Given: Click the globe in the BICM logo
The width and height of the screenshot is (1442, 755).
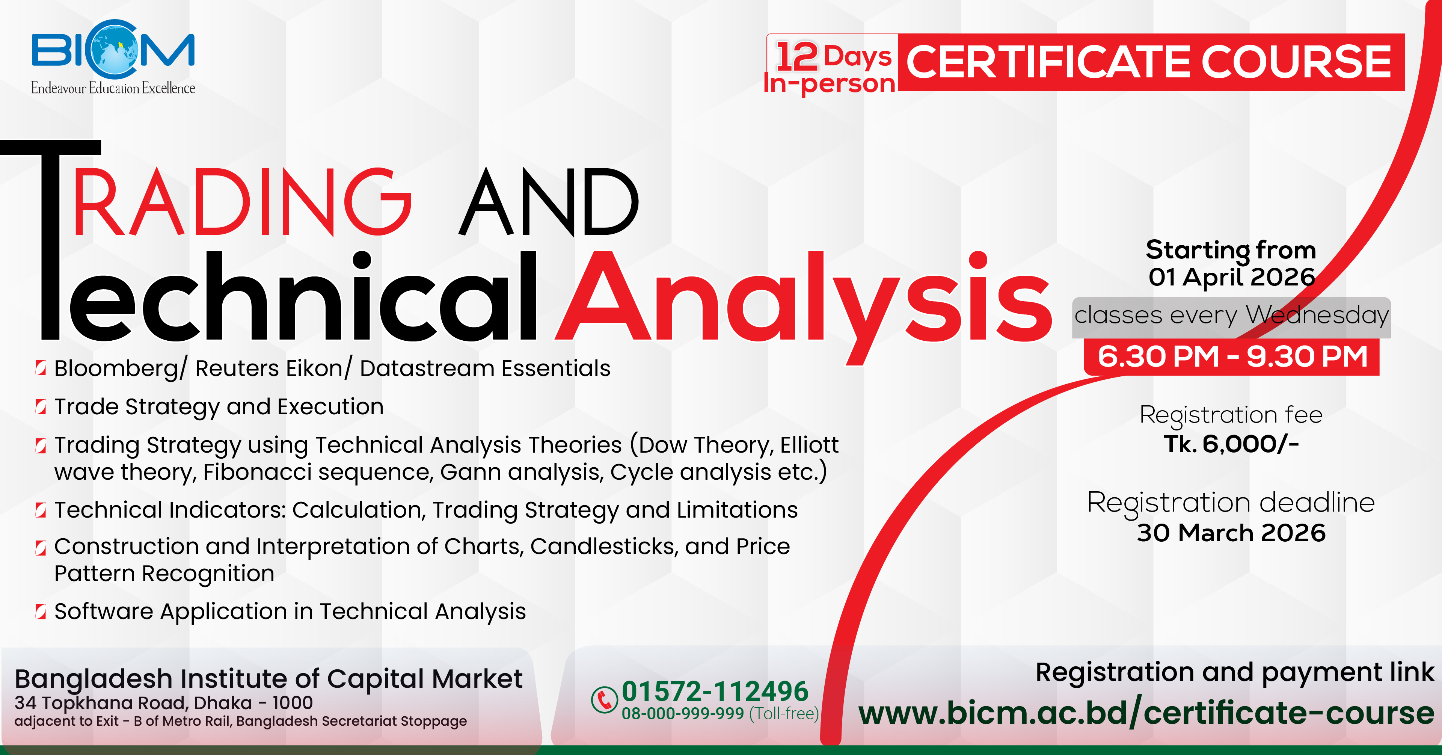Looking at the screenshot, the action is pyautogui.click(x=115, y=49).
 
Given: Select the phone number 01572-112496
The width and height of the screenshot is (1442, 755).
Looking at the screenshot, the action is pyautogui.click(x=715, y=691).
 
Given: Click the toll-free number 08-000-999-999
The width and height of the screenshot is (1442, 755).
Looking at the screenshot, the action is pyautogui.click(x=682, y=714).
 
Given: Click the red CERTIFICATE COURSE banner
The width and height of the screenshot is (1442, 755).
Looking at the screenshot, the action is pyautogui.click(x=1151, y=62).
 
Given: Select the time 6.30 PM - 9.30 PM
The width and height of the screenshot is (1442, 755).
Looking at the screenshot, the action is pyautogui.click(x=1232, y=357).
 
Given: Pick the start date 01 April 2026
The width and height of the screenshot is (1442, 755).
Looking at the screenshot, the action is pyautogui.click(x=1232, y=277).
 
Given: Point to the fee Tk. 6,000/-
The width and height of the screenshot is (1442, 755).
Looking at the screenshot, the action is pyautogui.click(x=1232, y=444).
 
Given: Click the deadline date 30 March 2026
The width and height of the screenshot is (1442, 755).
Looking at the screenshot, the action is pyautogui.click(x=1232, y=533).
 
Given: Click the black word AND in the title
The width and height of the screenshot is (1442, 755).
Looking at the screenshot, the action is pyautogui.click(x=549, y=202).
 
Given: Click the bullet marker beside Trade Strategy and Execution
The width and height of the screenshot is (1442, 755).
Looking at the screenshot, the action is pyautogui.click(x=40, y=407).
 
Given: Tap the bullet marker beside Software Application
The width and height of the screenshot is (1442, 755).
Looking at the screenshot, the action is pyautogui.click(x=40, y=612).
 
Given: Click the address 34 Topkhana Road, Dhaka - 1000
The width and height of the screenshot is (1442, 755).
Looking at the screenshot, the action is pyautogui.click(x=163, y=703).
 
